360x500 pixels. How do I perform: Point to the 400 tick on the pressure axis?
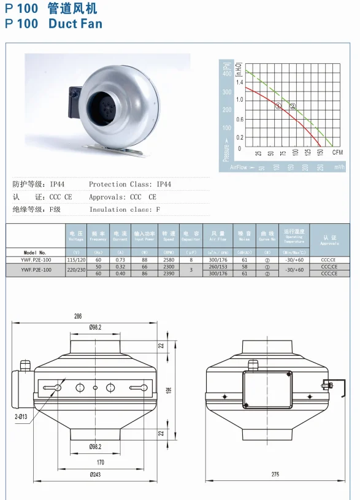point(226,74)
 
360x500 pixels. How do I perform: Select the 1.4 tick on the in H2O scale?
point(240,82)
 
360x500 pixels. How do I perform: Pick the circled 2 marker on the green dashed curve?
point(293,106)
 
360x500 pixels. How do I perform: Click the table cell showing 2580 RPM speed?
point(169,260)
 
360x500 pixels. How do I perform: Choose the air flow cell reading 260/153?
point(218,267)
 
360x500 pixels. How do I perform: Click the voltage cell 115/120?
point(77,260)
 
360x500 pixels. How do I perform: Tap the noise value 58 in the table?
point(244,267)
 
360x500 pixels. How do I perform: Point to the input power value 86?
point(145,274)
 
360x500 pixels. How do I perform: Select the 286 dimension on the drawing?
point(78,317)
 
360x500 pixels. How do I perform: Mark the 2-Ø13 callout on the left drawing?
point(22,417)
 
